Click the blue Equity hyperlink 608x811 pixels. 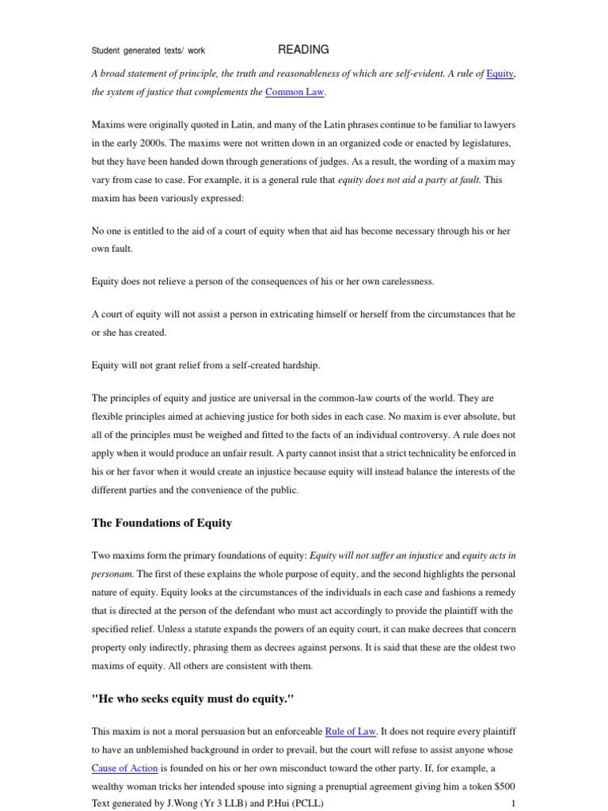[500, 74]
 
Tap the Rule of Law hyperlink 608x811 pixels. [351, 731]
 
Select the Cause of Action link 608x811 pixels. [125, 768]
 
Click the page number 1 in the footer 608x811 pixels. [514, 803]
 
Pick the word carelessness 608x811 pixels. [401, 281]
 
